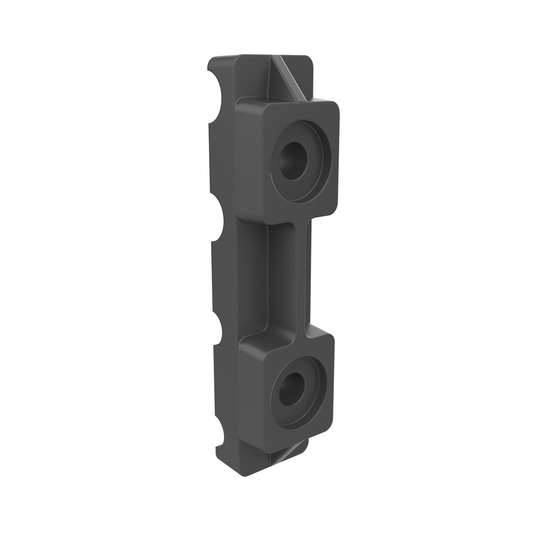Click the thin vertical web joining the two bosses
(301, 276)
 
